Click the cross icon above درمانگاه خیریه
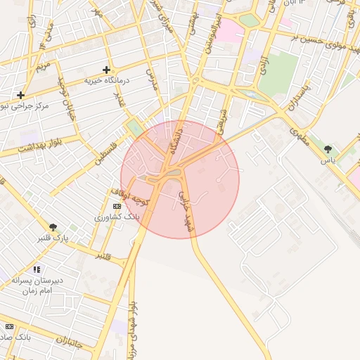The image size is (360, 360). coord(106,70)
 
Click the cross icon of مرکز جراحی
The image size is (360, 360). coord(21,95)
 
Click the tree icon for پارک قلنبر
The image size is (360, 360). coord(53,226)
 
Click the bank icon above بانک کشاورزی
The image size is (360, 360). coord(117,206)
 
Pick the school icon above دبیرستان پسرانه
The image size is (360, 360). coord(37,269)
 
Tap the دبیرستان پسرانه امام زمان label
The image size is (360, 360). coord(37,285)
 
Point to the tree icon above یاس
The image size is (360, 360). coord(328,149)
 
